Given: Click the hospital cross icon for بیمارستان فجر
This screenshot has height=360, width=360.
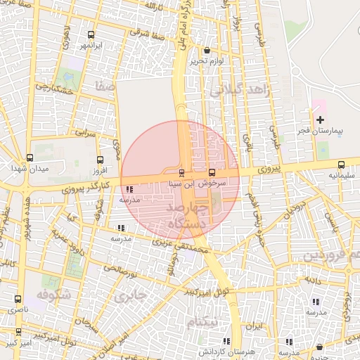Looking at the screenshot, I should click(320, 120).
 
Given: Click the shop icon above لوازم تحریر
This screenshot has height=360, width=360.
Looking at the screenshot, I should click(206, 51).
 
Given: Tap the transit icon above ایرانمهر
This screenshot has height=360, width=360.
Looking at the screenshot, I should click(91, 34).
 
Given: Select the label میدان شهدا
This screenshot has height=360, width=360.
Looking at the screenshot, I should click(29, 169).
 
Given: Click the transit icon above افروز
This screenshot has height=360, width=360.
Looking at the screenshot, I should click(100, 160).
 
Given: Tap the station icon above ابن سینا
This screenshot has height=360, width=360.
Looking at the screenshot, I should click(181, 172).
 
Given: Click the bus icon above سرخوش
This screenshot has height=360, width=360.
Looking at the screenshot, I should click(212, 172).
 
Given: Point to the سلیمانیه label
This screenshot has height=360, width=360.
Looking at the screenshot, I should click(342, 175).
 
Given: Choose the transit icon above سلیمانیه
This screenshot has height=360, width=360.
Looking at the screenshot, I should click(342, 164).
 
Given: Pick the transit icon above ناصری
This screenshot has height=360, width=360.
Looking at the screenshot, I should click(18, 299).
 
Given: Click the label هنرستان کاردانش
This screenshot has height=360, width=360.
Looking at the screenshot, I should click(211, 351).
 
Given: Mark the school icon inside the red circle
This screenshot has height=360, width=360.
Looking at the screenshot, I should click(129, 189).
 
